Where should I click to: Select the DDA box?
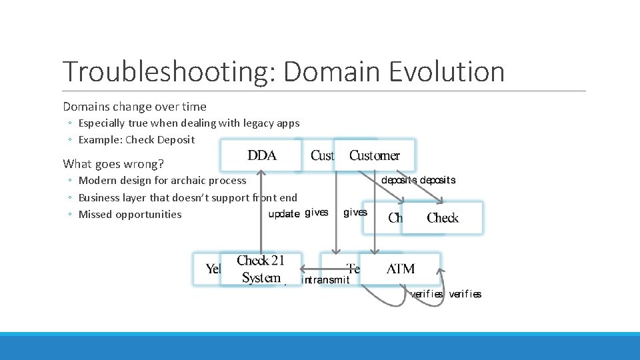click(x=261, y=155)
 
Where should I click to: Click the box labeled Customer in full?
click(x=375, y=155)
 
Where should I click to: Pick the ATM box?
click(x=401, y=269)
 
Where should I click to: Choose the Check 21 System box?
click(x=261, y=269)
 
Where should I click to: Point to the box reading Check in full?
click(x=443, y=218)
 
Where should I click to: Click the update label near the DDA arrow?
click(x=283, y=214)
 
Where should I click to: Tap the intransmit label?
click(x=326, y=280)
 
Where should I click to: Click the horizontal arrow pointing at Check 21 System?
click(x=327, y=269)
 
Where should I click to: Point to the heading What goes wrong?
click(x=113, y=163)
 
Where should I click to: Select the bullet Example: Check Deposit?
click(x=137, y=139)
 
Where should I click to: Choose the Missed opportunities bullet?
click(x=130, y=214)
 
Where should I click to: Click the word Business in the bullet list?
click(x=100, y=197)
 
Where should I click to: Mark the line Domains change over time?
click(x=135, y=106)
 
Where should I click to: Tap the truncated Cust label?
click(x=321, y=155)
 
